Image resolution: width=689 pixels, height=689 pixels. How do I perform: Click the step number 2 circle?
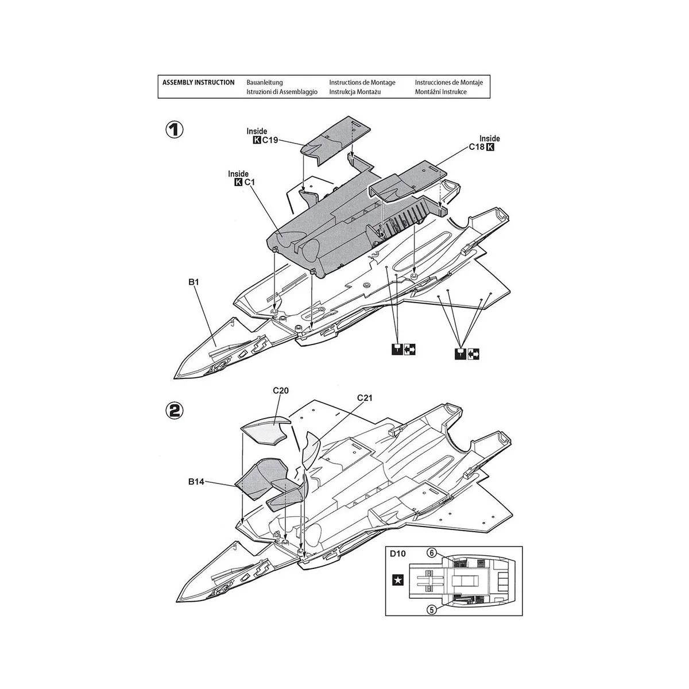click(174, 410)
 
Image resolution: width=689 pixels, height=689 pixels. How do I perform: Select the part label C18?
click(477, 148)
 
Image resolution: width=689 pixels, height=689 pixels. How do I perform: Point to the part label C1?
click(250, 183)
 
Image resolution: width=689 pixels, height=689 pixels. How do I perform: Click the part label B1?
click(193, 282)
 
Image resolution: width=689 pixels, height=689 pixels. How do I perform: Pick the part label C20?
click(280, 390)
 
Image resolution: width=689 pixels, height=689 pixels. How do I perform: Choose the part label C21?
click(365, 398)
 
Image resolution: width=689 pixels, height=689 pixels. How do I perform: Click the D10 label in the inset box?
click(397, 554)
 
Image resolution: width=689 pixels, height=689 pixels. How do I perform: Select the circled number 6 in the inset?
click(432, 553)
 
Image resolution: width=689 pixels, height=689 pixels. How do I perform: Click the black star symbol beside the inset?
click(397, 580)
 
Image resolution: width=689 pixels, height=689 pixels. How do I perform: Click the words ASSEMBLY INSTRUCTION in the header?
click(198, 83)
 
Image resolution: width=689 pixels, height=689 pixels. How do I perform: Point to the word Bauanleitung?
click(265, 83)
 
